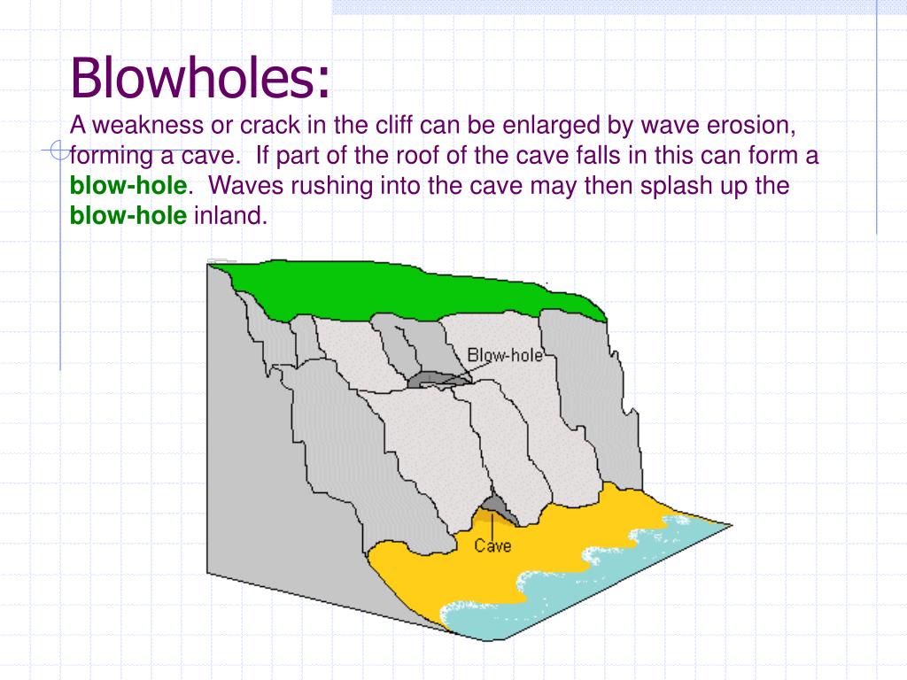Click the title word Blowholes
200,77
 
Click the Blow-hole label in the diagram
505,355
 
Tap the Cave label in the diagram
492,545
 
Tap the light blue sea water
620,576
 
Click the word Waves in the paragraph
244,186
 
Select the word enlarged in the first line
551,125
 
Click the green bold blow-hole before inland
128,216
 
